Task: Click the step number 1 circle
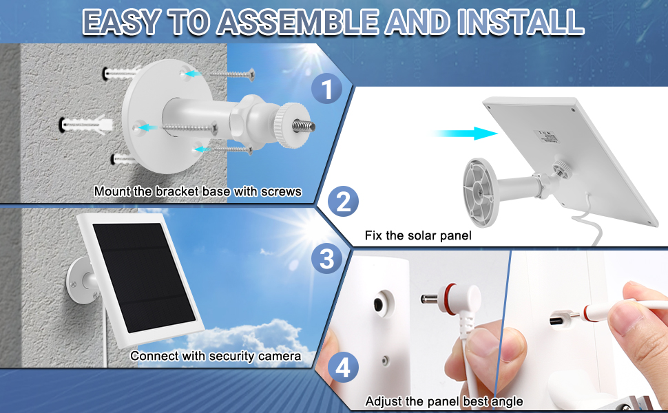tap(326, 88)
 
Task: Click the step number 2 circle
tap(344, 202)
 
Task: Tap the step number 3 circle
tap(326, 258)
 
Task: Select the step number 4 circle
tap(343, 367)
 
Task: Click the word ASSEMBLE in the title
tap(298, 21)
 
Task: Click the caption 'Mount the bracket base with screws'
tap(198, 191)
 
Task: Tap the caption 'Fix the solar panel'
tap(418, 235)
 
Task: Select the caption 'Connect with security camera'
tap(216, 356)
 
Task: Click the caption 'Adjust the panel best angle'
tap(444, 401)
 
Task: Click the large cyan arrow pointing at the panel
tap(464, 134)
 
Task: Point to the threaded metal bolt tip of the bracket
tap(303, 126)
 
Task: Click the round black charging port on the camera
tap(378, 304)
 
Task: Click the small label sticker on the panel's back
tap(547, 137)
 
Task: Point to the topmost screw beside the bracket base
tap(232, 74)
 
